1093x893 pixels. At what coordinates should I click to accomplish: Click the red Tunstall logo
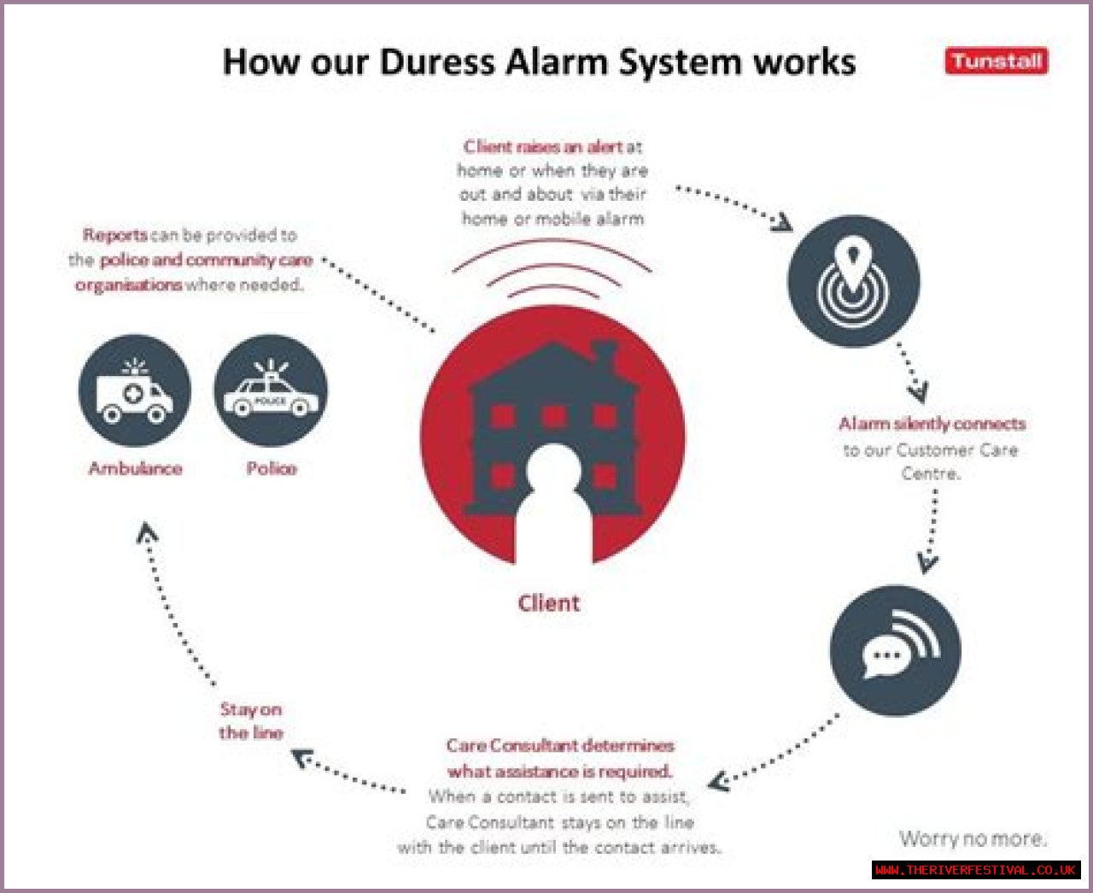tap(997, 61)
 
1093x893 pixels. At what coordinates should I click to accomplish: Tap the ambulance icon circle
tap(135, 391)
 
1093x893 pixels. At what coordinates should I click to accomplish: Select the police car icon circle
tap(271, 391)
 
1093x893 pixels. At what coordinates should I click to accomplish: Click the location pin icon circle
tap(854, 281)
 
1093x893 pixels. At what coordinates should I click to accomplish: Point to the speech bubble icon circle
tap(895, 650)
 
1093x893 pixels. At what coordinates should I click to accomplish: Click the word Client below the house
tap(548, 603)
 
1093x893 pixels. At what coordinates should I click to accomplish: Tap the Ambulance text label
tap(135, 469)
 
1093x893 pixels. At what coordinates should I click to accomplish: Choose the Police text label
tap(272, 469)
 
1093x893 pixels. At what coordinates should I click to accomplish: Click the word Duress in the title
tap(437, 62)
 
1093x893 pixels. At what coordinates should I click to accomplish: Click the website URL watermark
tap(976, 870)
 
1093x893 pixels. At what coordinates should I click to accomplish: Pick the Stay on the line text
tap(251, 721)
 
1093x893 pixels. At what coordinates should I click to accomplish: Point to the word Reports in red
tap(115, 235)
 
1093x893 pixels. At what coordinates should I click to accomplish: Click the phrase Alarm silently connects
tap(932, 424)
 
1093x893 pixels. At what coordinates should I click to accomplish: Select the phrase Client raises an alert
tap(542, 147)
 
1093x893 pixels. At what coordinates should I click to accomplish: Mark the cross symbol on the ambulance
tap(133, 394)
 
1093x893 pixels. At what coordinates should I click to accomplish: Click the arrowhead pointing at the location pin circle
tap(783, 224)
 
